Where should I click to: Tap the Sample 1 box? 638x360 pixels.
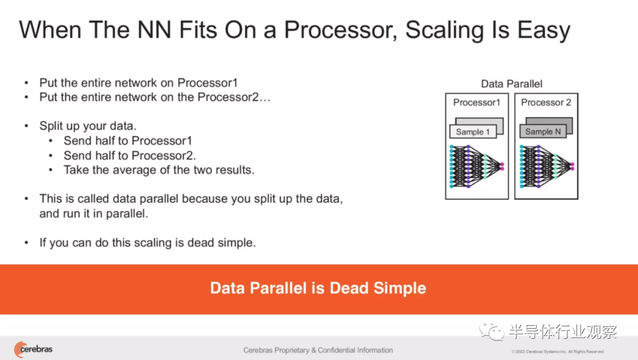point(473,132)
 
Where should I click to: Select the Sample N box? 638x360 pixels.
point(543,132)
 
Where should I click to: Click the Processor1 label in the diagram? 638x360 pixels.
point(477,102)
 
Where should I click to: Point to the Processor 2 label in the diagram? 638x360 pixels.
point(546,102)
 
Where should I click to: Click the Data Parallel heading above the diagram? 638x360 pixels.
point(512,84)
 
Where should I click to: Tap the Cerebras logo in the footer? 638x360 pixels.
point(33,349)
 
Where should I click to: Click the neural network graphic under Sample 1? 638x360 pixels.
point(477,167)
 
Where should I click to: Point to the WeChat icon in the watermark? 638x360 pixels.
point(491,331)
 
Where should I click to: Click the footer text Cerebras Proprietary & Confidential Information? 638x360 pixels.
point(318,350)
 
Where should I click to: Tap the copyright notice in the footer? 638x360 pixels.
point(558,352)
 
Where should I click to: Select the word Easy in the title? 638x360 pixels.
point(544,31)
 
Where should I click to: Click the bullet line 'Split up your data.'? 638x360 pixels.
point(88,126)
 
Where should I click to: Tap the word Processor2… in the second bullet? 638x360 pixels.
point(234,97)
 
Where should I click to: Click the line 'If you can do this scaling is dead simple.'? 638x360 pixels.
point(148,243)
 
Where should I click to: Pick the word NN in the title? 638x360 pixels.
point(154,30)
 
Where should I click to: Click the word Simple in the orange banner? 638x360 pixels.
point(400,288)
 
